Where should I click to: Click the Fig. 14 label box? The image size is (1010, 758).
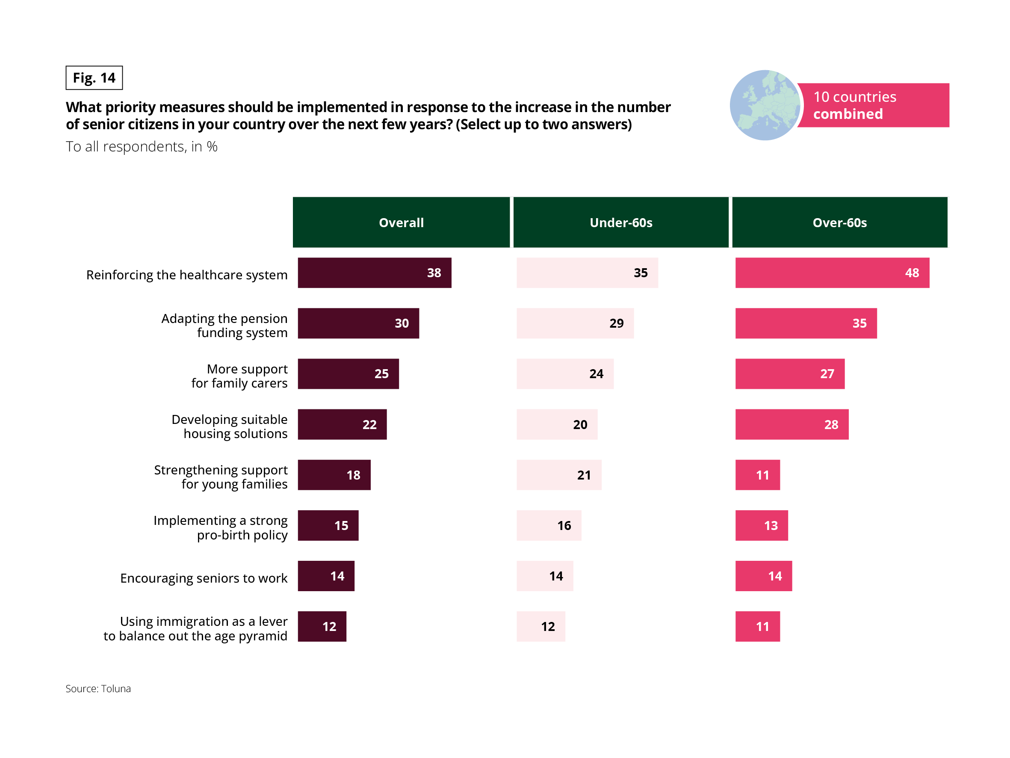[94, 78]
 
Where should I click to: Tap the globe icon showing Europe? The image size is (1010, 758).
[765, 105]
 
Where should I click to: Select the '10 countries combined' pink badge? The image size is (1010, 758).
[873, 105]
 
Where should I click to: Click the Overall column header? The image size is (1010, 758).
[401, 222]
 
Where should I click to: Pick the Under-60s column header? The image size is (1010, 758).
[620, 222]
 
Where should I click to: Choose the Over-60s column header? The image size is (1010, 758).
[839, 222]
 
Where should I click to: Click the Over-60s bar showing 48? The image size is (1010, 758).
[832, 273]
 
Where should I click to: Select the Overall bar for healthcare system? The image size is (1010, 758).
[375, 273]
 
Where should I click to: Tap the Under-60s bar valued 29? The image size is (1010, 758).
[575, 323]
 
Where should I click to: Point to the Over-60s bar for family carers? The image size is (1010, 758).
[789, 374]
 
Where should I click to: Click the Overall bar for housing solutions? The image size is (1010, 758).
[342, 424]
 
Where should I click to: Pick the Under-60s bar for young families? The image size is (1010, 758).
[559, 475]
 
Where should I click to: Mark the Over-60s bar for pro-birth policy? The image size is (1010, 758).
[761, 525]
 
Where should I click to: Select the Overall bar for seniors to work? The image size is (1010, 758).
[326, 576]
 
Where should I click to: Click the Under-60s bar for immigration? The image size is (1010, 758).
[540, 626]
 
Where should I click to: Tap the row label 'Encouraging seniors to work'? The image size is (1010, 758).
[204, 578]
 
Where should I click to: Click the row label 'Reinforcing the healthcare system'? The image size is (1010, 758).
[187, 275]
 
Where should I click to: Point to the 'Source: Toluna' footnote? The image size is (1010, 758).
[98, 689]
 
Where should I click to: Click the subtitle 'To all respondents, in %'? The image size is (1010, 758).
[142, 147]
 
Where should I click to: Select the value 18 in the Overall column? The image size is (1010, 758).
[353, 475]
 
